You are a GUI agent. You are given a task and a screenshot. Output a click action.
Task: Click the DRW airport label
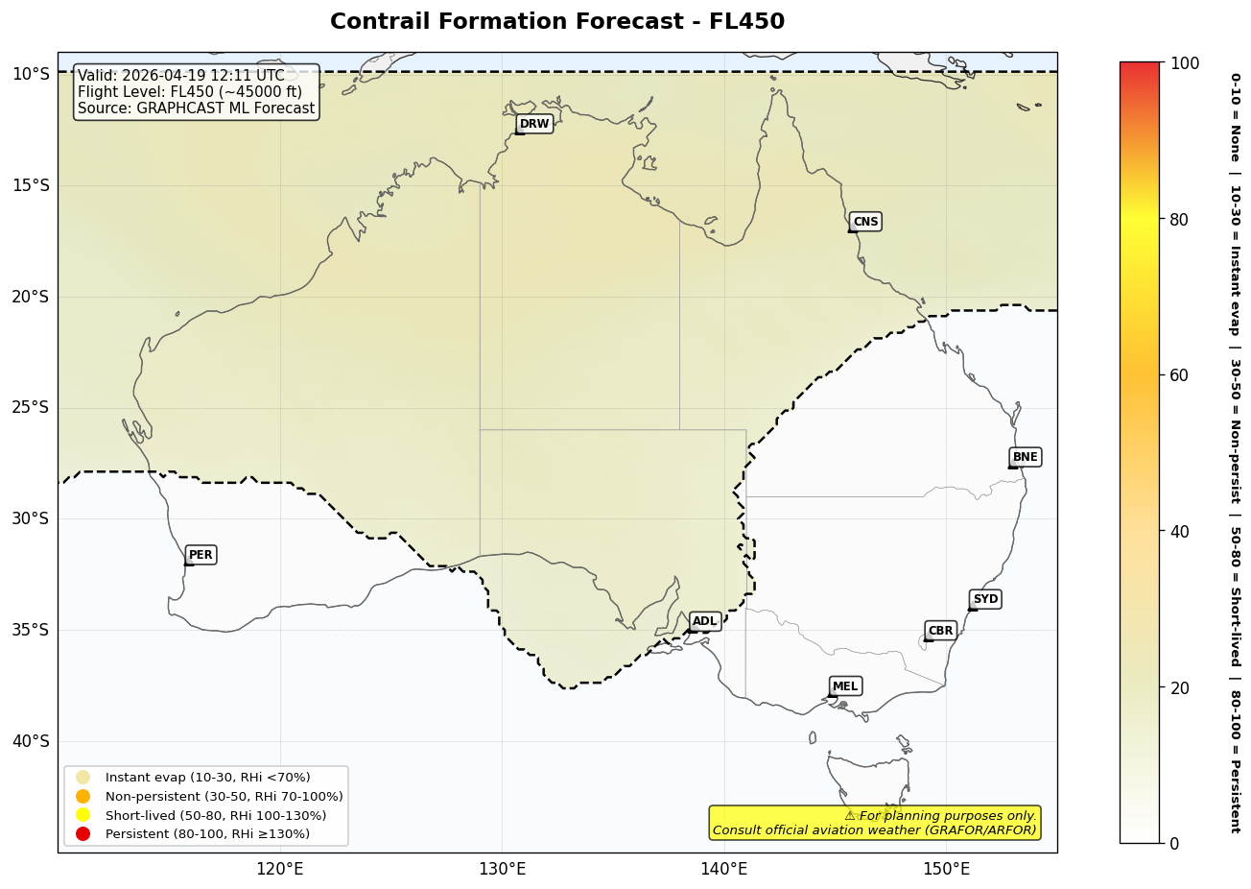(534, 124)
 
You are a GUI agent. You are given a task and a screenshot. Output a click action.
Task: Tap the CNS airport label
(865, 222)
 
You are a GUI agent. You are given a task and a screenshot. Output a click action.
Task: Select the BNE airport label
(1025, 457)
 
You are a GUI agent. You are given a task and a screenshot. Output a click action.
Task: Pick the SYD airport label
(985, 599)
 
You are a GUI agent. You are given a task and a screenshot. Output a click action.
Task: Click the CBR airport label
(940, 631)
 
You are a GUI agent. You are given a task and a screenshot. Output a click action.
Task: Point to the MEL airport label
(845, 686)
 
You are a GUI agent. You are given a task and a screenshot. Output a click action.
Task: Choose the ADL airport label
(705, 621)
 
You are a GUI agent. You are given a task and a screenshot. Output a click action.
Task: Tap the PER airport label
(201, 555)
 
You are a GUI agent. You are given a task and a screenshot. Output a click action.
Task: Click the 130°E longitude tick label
(502, 870)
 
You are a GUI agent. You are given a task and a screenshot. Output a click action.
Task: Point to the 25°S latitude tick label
(30, 407)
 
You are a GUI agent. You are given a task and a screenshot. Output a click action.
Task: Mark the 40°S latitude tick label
(30, 741)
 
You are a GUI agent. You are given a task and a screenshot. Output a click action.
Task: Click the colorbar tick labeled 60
(1178, 375)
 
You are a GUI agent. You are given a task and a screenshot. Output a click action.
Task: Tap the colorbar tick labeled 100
(1184, 63)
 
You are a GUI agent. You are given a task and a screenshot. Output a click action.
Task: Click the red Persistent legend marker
(83, 834)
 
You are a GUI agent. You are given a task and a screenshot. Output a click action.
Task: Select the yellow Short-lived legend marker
(83, 815)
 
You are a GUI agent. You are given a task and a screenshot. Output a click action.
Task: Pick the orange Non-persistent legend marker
(83, 797)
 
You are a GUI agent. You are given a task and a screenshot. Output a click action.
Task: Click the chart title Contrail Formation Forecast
(556, 22)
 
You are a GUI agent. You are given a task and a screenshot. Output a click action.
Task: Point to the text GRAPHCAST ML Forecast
(225, 108)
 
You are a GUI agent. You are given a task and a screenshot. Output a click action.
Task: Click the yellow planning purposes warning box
(874, 823)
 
